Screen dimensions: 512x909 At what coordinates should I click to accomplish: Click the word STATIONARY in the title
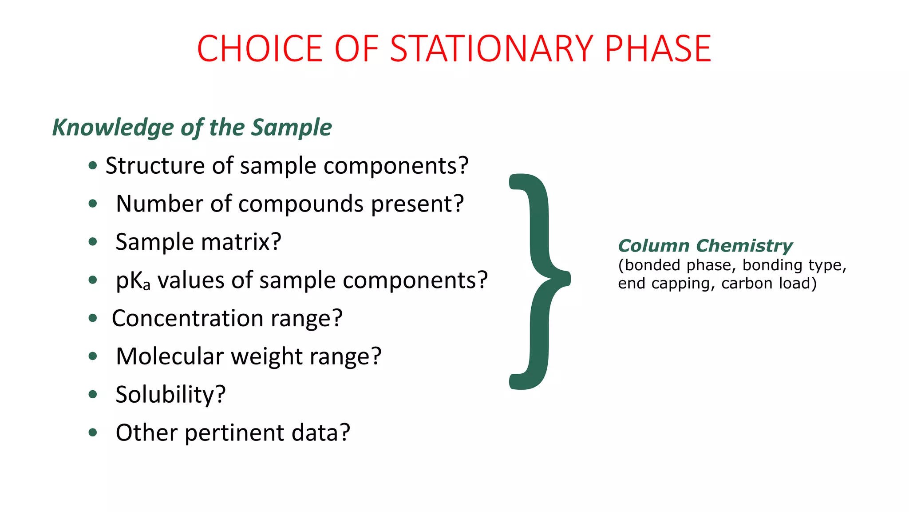pyautogui.click(x=491, y=48)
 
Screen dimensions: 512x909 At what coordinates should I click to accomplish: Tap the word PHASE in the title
pyautogui.click(x=658, y=48)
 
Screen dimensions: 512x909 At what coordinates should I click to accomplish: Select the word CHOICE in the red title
pyautogui.click(x=260, y=48)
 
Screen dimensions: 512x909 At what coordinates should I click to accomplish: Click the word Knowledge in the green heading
pyautogui.click(x=113, y=128)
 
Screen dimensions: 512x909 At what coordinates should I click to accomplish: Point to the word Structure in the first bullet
pyautogui.click(x=155, y=166)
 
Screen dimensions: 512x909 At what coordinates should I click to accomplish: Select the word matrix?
pyautogui.click(x=241, y=242)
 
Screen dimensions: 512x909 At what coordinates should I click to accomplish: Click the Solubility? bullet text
pyautogui.click(x=170, y=395)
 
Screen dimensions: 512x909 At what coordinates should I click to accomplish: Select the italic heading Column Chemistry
pyautogui.click(x=705, y=246)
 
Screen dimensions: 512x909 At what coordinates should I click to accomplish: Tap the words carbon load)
pyautogui.click(x=769, y=283)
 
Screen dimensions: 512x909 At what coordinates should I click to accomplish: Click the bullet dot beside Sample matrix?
pyautogui.click(x=93, y=242)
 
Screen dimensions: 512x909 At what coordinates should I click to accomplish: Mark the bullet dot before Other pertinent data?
pyautogui.click(x=93, y=432)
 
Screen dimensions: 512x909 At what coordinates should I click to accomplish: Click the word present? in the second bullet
pyautogui.click(x=417, y=204)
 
